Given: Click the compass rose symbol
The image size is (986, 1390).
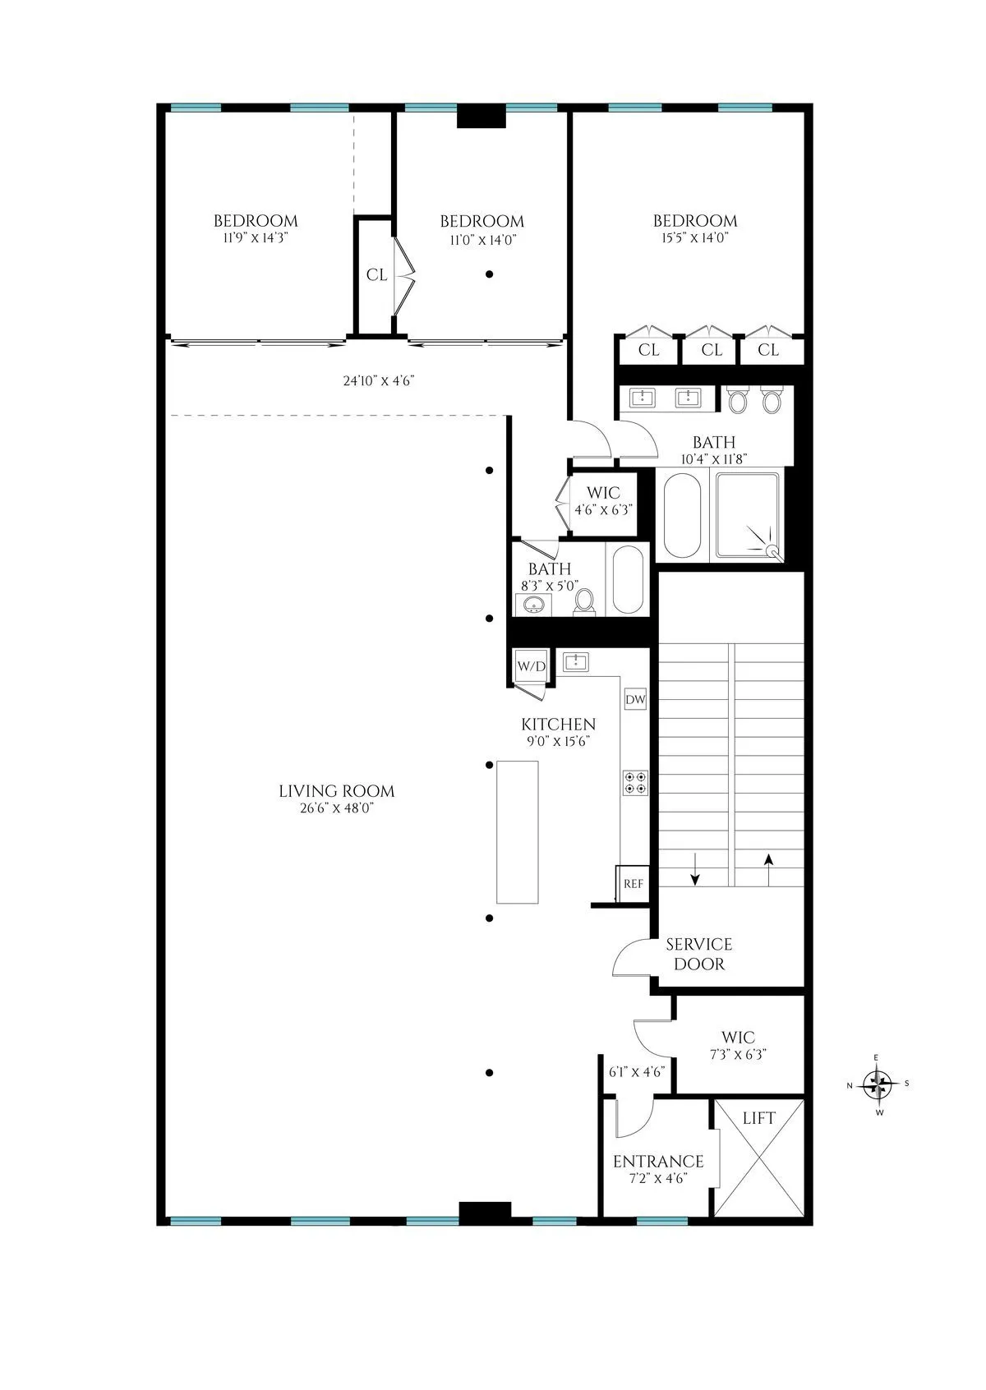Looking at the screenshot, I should coord(879,1084).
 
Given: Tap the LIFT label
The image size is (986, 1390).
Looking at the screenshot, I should coord(758,1118).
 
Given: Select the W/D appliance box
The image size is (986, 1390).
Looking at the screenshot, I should coord(531,666).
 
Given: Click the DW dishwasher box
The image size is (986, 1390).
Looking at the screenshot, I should coord(635,700).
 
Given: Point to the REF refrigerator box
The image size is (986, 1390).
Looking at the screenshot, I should coord(634,884).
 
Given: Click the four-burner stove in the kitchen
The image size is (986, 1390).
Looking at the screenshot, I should coord(635,782).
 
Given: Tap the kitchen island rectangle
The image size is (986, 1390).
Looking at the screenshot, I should coord(518,832).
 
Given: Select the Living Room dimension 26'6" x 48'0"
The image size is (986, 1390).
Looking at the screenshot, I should coord(337,808).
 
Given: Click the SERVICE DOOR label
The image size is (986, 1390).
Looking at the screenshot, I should coord(699,954).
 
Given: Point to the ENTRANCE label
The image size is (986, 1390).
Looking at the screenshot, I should coord(658,1162).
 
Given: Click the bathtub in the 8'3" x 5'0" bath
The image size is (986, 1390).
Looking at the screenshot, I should coord(628,579).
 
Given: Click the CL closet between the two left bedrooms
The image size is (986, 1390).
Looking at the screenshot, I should coord(376,275).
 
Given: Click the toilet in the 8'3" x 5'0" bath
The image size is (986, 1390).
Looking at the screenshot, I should coord(584,601).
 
